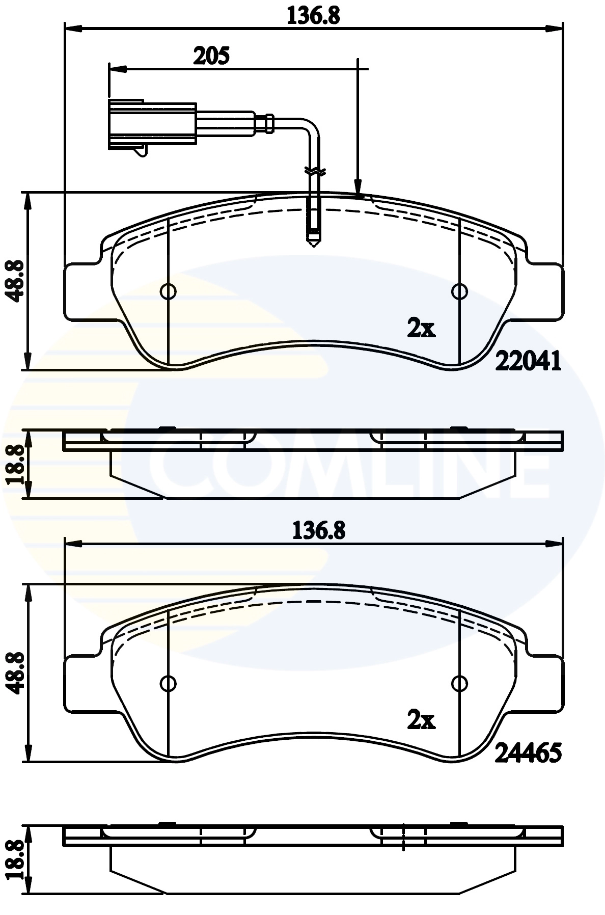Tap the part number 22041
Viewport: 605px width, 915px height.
click(528, 362)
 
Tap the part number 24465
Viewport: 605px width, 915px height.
click(528, 752)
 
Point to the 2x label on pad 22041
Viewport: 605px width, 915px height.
click(421, 330)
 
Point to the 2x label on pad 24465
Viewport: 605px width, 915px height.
click(421, 720)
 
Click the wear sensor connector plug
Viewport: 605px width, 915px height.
click(152, 125)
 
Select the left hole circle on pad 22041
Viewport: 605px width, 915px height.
click(168, 291)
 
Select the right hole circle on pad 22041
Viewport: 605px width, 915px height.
click(459, 291)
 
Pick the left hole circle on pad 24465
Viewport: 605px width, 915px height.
click(168, 683)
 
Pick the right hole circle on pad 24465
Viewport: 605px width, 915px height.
click(459, 683)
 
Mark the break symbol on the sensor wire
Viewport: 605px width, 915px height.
click(314, 172)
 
